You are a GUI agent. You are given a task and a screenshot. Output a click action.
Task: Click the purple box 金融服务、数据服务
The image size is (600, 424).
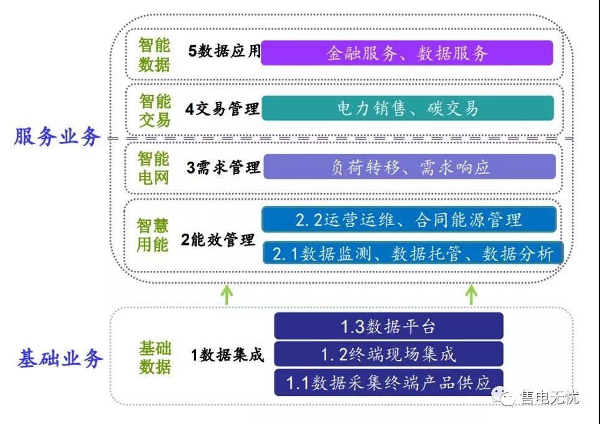[407, 53]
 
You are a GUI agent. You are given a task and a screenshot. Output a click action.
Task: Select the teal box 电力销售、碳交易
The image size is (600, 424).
[408, 108]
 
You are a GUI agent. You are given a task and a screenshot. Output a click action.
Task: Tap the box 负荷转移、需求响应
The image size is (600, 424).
[409, 167]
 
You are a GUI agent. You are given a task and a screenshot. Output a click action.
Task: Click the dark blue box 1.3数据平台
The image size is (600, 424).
[388, 326]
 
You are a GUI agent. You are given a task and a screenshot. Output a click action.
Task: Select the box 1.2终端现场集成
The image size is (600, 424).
[388, 354]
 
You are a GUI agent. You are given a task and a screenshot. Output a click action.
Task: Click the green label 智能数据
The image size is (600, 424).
[154, 55]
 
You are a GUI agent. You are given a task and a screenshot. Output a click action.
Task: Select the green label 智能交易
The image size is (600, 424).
[154, 110]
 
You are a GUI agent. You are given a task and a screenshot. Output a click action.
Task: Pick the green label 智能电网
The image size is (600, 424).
[154, 168]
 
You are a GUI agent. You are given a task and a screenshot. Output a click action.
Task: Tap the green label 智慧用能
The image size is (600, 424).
[153, 234]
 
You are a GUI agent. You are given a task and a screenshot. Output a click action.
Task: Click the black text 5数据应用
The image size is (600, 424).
[224, 52]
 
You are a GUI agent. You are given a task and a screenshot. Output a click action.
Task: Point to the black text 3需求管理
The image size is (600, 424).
[223, 167]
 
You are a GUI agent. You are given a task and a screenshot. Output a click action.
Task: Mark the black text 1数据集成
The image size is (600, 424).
[227, 355]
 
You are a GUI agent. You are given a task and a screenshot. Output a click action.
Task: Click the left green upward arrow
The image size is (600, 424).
[228, 293]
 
